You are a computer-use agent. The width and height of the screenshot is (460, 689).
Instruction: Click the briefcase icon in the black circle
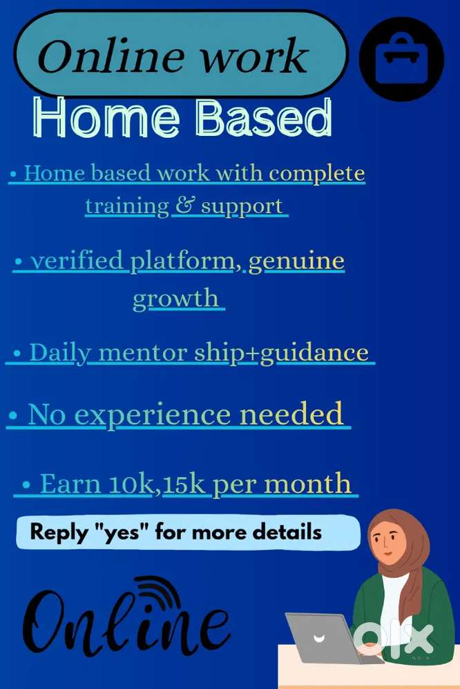point(401,60)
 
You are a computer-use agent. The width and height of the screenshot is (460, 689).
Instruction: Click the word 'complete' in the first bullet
point(317,173)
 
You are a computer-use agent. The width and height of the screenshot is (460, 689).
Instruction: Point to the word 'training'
point(127,206)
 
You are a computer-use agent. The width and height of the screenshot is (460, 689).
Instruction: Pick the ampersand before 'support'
point(183,206)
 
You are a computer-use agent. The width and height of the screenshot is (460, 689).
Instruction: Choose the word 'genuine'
point(296,262)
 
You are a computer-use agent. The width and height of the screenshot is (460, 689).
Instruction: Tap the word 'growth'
point(175,299)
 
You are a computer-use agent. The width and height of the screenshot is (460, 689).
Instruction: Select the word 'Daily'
point(60,353)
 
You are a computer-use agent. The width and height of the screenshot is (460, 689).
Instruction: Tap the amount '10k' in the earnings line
point(130,483)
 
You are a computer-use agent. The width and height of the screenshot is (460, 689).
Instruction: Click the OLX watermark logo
point(394,639)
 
